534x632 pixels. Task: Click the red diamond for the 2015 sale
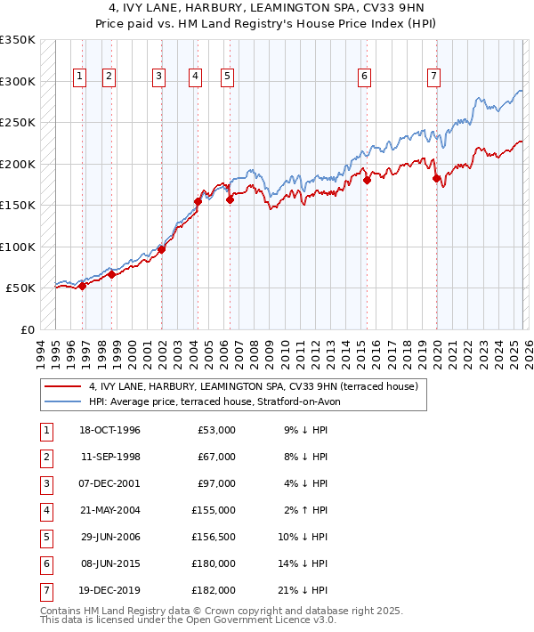(x=367, y=181)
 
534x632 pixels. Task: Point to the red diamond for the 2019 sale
(x=437, y=179)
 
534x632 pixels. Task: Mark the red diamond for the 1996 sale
(x=82, y=286)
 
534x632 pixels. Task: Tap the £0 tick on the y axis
(x=27, y=330)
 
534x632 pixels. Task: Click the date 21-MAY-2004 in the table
(x=110, y=510)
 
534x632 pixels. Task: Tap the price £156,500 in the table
(x=214, y=537)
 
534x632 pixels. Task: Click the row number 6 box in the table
(x=45, y=563)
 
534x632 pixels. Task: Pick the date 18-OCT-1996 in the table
(x=110, y=430)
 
